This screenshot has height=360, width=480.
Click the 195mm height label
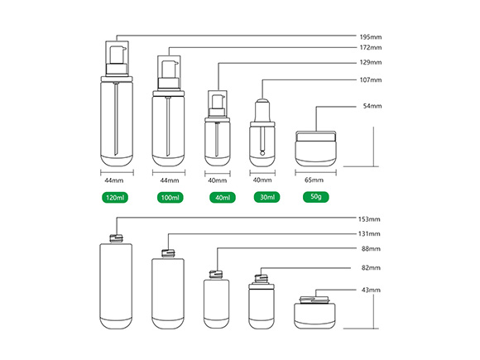[x=371, y=37]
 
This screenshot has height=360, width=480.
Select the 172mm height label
[x=371, y=47]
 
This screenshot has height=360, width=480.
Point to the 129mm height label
[x=371, y=62]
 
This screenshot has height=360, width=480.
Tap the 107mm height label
[x=371, y=80]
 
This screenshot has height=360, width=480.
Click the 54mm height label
[x=372, y=106]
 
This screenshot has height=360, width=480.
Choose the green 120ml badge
[x=115, y=198]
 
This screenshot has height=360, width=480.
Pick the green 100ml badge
[x=170, y=198]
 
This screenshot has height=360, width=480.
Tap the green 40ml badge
[x=223, y=198]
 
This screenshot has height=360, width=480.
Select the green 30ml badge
[x=267, y=197]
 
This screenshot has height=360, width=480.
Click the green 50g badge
[x=316, y=197]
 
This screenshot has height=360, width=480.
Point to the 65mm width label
[x=314, y=180]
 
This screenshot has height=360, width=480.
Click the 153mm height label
[x=369, y=219]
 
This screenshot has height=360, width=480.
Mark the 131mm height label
[x=369, y=234]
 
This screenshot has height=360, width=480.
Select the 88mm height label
[x=371, y=248]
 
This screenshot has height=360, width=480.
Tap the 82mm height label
[x=371, y=267]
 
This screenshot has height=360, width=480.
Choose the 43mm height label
[x=371, y=290]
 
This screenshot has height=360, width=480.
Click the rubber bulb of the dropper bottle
[x=262, y=110]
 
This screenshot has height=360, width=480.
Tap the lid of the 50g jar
[x=315, y=137]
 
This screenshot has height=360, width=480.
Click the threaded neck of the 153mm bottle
[x=116, y=238]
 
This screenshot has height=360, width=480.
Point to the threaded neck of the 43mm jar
[x=314, y=300]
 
